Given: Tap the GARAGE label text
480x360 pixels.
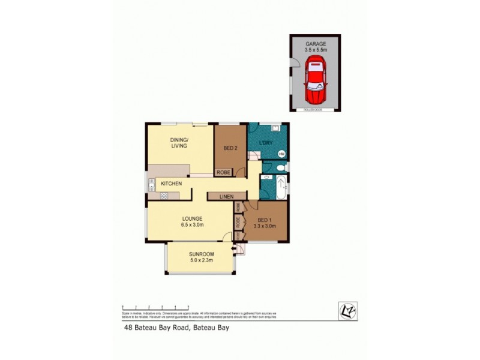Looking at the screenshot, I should coord(315,44).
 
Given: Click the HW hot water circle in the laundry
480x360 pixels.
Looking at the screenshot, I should coord(281,154).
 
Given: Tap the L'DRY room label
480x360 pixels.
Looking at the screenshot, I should coord(266,143).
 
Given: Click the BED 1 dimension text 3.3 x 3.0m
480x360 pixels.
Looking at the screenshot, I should coord(265,226).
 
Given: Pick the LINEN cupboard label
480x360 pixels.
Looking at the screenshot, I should coord(226,196).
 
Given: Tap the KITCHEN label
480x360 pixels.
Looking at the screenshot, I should coord(171,183).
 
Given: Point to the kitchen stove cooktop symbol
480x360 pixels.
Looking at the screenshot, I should coord(163,196).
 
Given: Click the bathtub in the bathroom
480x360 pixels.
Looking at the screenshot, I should coord(281,188).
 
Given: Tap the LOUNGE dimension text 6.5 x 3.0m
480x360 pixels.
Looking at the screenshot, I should coord(193,226).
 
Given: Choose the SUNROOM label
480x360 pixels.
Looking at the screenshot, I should coord(201,254).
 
